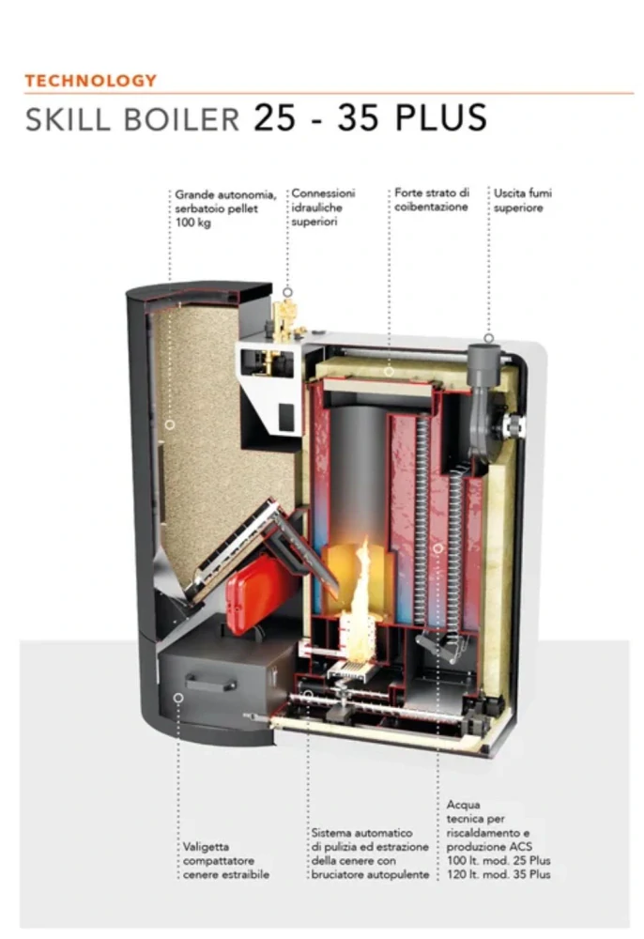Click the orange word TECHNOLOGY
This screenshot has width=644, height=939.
click(x=91, y=81)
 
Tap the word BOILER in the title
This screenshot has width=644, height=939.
click(x=182, y=118)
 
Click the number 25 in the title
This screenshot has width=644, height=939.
click(x=274, y=117)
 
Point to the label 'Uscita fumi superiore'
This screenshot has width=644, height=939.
click(x=523, y=201)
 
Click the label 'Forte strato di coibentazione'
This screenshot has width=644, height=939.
click(x=432, y=200)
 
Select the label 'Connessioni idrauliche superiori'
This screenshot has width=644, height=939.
click(x=323, y=208)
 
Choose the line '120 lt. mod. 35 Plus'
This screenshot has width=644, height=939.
click(x=498, y=874)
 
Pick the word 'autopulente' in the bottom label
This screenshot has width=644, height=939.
click(x=399, y=874)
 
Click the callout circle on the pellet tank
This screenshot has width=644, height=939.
click(x=170, y=424)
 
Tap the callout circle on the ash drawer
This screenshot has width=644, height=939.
click(x=177, y=698)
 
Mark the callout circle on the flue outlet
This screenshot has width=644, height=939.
click(x=488, y=338)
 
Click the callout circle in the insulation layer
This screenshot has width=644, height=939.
click(x=389, y=372)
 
